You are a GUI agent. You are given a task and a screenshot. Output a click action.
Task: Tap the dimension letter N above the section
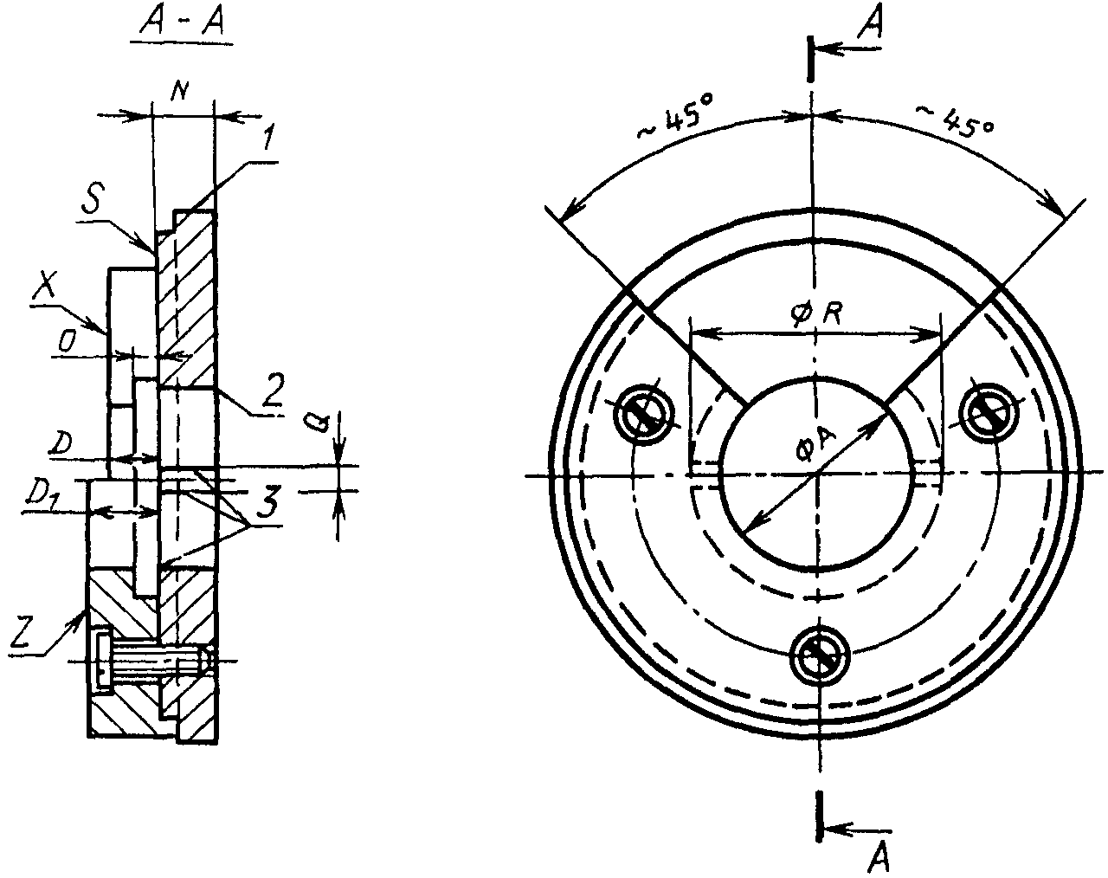(179, 92)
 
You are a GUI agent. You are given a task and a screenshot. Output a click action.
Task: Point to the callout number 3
(267, 502)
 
